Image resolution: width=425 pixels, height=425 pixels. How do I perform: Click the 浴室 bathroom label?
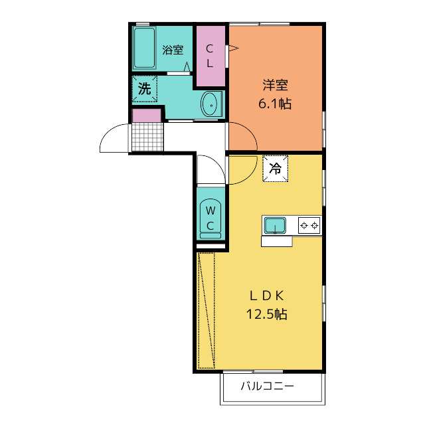tap(173, 48)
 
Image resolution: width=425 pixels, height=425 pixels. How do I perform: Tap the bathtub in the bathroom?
tap(144, 48)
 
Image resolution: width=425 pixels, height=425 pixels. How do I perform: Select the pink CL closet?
tap(209, 56)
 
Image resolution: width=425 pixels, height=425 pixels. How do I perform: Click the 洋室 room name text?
tap(275, 85)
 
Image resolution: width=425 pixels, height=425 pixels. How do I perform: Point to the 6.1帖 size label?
tap(275, 104)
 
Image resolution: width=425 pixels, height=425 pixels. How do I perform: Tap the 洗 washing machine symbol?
tap(144, 89)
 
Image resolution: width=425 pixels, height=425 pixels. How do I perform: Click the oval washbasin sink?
tap(210, 104)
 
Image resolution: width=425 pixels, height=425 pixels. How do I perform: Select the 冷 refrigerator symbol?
tap(275, 168)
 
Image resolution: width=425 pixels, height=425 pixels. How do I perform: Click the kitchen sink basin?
tap(274, 226)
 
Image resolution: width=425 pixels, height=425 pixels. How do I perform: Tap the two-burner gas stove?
tap(309, 226)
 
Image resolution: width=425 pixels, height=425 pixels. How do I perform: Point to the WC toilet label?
tap(210, 218)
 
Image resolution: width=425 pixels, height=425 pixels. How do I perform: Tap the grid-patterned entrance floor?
tap(147, 137)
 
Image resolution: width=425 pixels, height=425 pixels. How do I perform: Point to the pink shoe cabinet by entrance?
tap(147, 116)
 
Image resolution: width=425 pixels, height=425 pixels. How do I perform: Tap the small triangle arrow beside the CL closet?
tap(232, 48)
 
